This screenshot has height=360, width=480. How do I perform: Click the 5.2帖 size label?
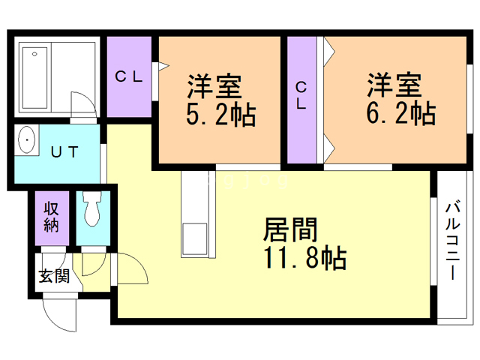pyautogui.click(x=220, y=115)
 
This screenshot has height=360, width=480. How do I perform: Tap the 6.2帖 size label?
pyautogui.click(x=400, y=112)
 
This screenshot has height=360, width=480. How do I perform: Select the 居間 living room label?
pyautogui.click(x=290, y=230)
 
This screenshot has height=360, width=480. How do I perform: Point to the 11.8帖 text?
pyautogui.click(x=305, y=258)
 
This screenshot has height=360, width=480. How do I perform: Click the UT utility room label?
pyautogui.click(x=64, y=151)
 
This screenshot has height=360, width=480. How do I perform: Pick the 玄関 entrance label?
pyautogui.click(x=54, y=276)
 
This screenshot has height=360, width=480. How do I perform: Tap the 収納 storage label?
pyautogui.click(x=51, y=217)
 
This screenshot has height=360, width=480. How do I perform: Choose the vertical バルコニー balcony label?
pyautogui.click(x=453, y=240)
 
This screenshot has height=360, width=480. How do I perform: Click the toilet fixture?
pyautogui.click(x=91, y=208)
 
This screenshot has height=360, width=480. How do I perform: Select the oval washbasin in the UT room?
pyautogui.click(x=27, y=140)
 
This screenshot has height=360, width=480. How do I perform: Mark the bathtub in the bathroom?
pyautogui.click(x=34, y=78)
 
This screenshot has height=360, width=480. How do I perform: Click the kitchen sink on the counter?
pyautogui.click(x=195, y=240)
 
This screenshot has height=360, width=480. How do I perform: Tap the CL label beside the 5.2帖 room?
pyautogui.click(x=128, y=76)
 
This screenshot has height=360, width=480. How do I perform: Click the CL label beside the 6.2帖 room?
pyautogui.click(x=301, y=95)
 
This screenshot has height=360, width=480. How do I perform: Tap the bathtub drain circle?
pyautogui.click(x=34, y=54)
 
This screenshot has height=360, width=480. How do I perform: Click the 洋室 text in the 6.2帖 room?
pyautogui.click(x=394, y=85)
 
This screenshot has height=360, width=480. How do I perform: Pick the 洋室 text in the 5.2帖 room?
pyautogui.click(x=214, y=87)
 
